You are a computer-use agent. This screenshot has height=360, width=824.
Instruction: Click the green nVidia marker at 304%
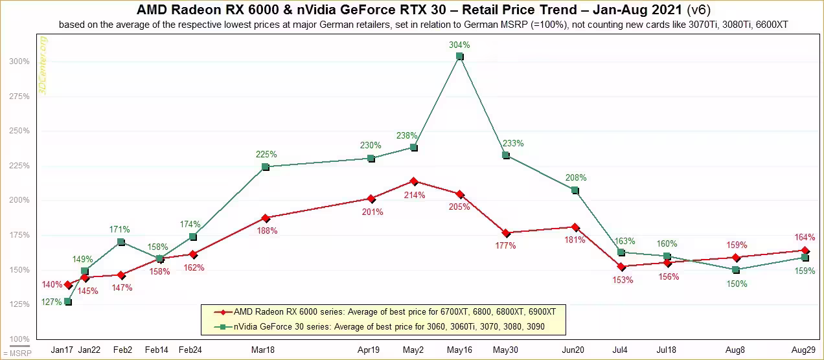(x=459, y=56)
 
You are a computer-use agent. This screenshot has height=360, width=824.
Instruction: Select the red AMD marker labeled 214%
(x=414, y=181)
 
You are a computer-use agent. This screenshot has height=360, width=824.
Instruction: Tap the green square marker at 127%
(x=68, y=302)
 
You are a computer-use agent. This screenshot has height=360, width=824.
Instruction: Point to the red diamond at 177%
(x=506, y=233)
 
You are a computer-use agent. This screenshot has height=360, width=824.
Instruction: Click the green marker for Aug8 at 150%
(x=736, y=270)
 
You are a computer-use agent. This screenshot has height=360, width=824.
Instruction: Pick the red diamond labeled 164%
(x=805, y=251)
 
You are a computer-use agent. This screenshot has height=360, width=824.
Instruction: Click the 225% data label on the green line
(x=266, y=155)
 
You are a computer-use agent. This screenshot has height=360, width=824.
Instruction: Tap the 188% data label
(x=267, y=231)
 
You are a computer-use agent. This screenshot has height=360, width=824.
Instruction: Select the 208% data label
(x=576, y=178)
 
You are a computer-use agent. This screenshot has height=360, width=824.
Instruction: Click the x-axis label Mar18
(x=263, y=350)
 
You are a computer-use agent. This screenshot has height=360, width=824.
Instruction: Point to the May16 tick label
(x=459, y=350)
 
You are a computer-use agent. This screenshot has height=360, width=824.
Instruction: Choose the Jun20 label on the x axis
(x=573, y=350)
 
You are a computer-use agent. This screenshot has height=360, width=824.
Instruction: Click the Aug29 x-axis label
(x=804, y=350)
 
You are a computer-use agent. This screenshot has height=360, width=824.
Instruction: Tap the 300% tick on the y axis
(x=19, y=62)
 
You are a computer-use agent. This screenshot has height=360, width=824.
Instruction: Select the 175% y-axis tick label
(x=19, y=235)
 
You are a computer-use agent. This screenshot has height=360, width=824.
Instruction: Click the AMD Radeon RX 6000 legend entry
(x=385, y=312)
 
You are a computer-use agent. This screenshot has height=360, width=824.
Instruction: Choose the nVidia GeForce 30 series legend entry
(x=379, y=327)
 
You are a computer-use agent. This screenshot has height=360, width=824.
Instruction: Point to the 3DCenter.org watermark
(x=43, y=65)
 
